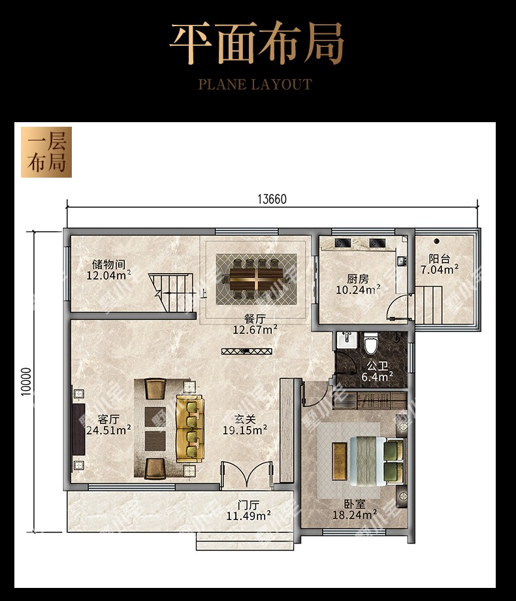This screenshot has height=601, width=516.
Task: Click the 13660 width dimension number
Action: click(x=272, y=199)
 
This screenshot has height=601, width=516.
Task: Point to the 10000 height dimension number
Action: click(x=26, y=382)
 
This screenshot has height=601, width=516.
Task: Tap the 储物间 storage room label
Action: click(x=108, y=264)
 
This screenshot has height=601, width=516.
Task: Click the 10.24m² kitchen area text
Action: click(x=358, y=290)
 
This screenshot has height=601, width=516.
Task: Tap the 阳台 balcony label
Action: click(x=440, y=259)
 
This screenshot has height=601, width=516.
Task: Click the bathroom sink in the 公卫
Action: click(x=347, y=340)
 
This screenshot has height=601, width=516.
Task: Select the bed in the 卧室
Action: click(x=376, y=461)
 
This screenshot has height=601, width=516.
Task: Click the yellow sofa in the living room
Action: click(x=190, y=429)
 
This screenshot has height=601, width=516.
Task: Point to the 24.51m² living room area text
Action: click(x=108, y=430)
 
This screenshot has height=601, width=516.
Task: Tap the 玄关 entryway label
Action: click(x=245, y=419)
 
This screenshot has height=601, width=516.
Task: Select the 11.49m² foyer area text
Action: click(x=248, y=515)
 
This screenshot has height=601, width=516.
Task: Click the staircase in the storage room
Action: click(x=171, y=292)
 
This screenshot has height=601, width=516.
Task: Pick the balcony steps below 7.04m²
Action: click(x=429, y=304)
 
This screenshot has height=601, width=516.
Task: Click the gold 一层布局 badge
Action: click(x=46, y=152)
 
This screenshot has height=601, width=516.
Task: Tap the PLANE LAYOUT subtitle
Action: click(x=255, y=84)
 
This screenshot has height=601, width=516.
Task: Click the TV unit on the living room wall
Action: click(x=78, y=429)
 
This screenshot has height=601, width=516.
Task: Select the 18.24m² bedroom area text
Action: click(x=355, y=515)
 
